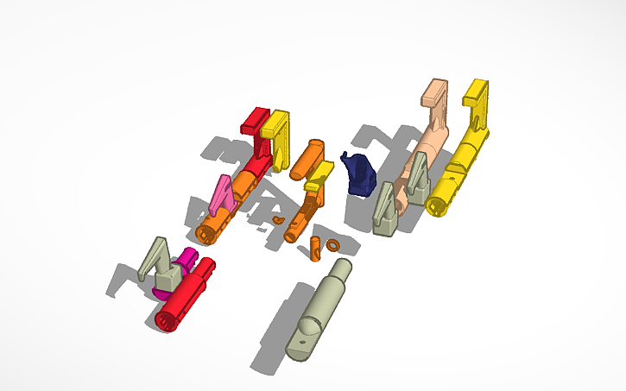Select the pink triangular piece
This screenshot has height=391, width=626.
point(222,196)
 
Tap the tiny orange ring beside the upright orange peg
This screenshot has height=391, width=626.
point(332,246)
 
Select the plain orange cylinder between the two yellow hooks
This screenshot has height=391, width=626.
point(305,158)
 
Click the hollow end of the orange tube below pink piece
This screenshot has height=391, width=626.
point(206,233)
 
